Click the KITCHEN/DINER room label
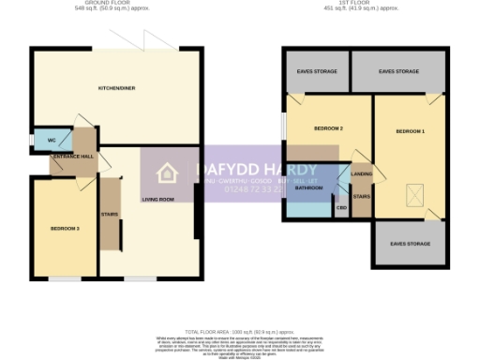pyautogui.click(x=117, y=89)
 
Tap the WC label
pyautogui.click(x=39, y=141)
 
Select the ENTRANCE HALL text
pyautogui.click(x=72, y=157)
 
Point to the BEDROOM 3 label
pyautogui.click(x=65, y=228)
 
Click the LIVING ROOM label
pyautogui.click(x=158, y=200)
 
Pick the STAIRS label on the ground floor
pyautogui.click(x=109, y=213)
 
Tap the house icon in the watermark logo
pyautogui.click(x=167, y=173)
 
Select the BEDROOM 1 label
pyautogui.click(x=410, y=131)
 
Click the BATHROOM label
pyautogui.click(x=308, y=187)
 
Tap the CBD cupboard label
pyautogui.click(x=341, y=206)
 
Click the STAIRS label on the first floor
pyautogui.click(x=362, y=197)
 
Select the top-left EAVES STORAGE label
pyautogui.click(x=316, y=71)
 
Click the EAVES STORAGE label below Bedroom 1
pyautogui.click(x=409, y=244)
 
